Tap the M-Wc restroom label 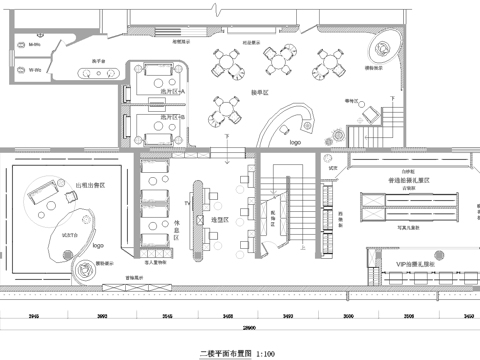pyautogui.click(x=34, y=44)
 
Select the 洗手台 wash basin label pyautogui.click(x=100, y=62)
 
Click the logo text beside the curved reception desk pyautogui.click(x=295, y=143)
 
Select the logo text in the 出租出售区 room pyautogui.click(x=98, y=243)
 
